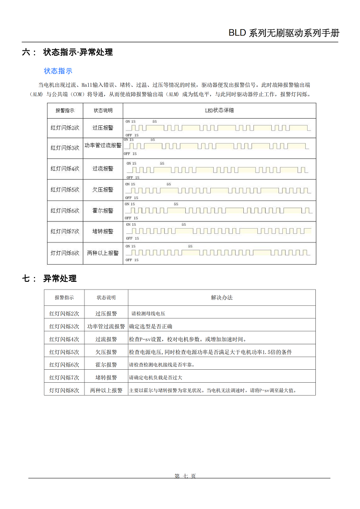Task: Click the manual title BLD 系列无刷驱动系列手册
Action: [x=284, y=33]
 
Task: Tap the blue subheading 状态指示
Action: [x=58, y=71]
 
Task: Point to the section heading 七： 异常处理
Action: [x=49, y=279]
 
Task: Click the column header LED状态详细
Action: [x=219, y=110]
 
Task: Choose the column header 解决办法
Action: [x=222, y=298]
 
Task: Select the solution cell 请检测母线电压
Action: [x=148, y=314]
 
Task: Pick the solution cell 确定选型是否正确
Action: [x=151, y=327]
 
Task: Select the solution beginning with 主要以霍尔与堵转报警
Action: [x=213, y=390]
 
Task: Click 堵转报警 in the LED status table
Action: [x=103, y=231]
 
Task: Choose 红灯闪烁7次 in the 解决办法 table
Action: [x=64, y=377]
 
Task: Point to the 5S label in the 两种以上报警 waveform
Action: [x=191, y=246]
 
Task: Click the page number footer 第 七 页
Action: [x=185, y=476]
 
